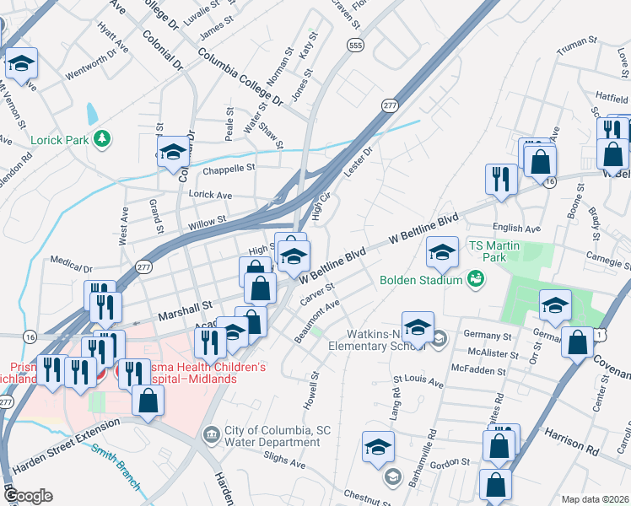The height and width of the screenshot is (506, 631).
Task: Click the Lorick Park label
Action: (57, 140)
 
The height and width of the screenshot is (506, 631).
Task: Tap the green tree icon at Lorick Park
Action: (103, 138)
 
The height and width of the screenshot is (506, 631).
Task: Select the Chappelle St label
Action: (228, 168)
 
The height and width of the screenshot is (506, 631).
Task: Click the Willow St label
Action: (208, 222)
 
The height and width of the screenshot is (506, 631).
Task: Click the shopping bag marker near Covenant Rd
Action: (578, 342)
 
